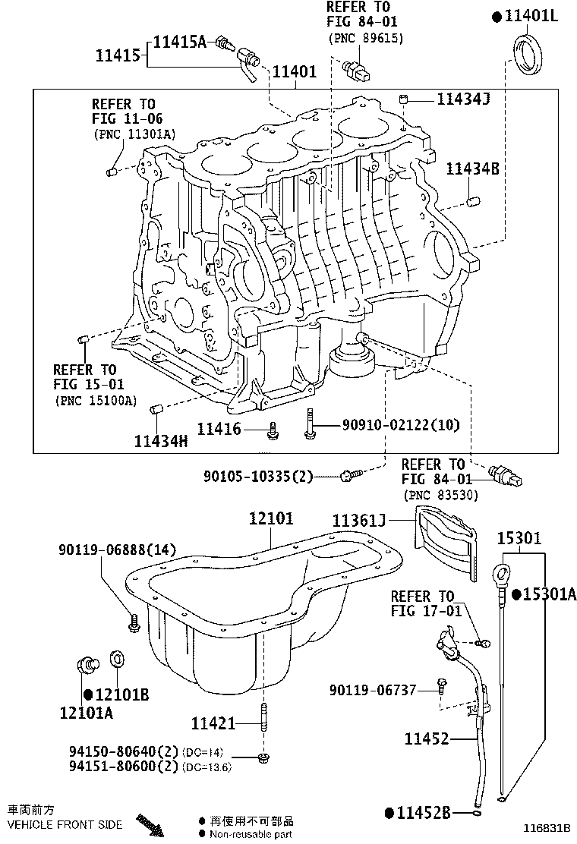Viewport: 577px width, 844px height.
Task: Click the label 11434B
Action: click(472, 169)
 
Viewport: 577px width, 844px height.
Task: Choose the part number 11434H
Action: click(161, 441)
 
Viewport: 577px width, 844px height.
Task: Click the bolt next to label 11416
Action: click(272, 432)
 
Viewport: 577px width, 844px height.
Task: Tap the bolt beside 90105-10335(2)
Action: click(347, 476)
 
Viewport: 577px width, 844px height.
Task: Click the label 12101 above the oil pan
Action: click(271, 519)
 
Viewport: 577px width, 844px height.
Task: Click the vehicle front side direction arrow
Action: click(149, 825)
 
